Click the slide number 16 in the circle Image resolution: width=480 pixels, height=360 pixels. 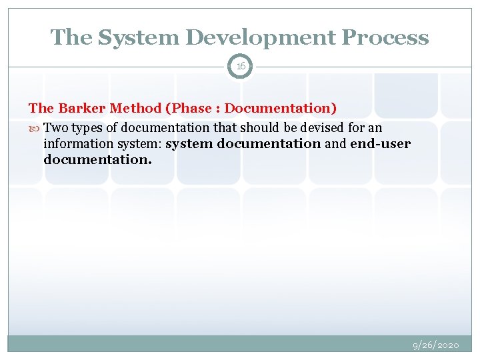tap(240, 66)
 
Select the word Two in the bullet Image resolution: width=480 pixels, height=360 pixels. tap(55, 127)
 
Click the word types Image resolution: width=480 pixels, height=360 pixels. tap(87, 127)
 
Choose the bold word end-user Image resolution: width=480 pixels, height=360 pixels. tap(380, 144)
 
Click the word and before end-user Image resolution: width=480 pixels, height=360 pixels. tap(335, 144)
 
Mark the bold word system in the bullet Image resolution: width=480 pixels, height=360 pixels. tap(189, 144)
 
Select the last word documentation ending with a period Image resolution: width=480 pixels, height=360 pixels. tap(97, 160)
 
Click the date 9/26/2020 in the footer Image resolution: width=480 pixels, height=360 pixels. tap(436, 345)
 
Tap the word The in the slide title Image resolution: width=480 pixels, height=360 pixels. tap(71, 38)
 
